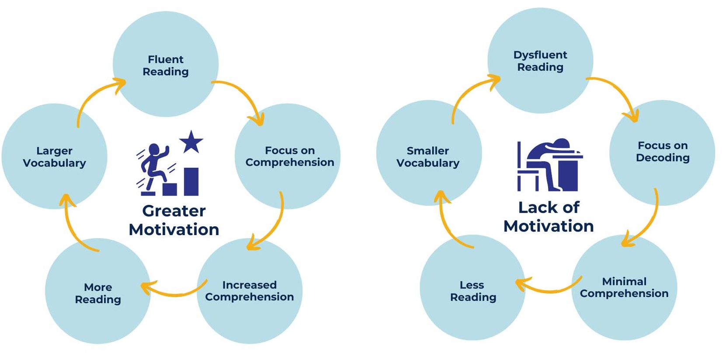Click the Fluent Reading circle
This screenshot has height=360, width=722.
coord(166,65)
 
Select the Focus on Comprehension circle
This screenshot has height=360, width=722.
coord(288,156)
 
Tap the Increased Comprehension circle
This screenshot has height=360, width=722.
coord(250,291)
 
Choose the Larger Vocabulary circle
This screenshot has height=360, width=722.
coord(55,156)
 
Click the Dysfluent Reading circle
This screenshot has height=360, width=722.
coord(540,61)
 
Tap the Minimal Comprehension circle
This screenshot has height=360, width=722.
coord(624,287)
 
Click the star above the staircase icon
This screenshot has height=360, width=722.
coord(191,142)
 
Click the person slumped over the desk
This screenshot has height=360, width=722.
coord(553,162)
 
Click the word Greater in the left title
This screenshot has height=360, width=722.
coord(174,211)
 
